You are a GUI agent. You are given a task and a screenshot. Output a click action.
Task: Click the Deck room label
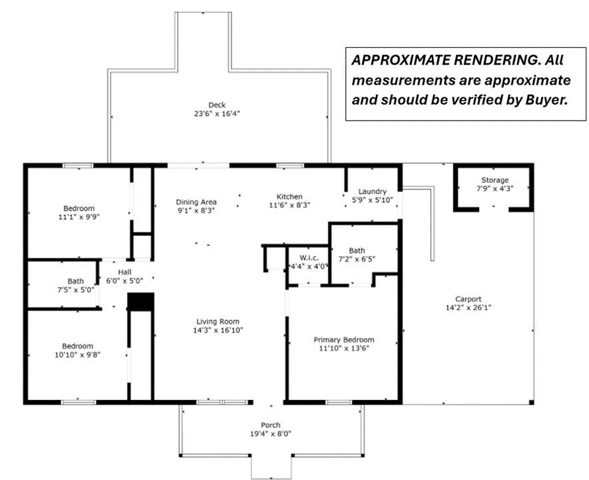(x=217, y=105)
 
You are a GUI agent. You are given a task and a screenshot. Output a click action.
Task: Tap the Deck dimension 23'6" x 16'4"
(x=217, y=113)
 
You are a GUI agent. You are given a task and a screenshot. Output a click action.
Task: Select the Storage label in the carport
(x=494, y=180)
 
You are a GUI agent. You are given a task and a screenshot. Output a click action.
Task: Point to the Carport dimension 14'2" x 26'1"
(x=468, y=307)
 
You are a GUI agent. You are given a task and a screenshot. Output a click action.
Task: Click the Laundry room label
(x=372, y=191)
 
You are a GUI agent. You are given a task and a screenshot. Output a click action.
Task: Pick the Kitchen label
(x=289, y=197)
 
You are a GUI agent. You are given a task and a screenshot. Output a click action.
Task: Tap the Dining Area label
(x=196, y=202)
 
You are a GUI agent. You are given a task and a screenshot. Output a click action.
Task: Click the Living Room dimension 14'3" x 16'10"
(x=218, y=330)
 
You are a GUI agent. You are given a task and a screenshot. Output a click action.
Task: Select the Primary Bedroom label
(x=344, y=340)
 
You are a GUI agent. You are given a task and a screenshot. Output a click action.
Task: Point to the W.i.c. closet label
(x=309, y=258)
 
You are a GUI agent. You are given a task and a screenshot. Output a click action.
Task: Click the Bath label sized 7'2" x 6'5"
(x=356, y=251)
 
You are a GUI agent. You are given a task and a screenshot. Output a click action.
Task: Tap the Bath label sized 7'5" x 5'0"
(x=75, y=281)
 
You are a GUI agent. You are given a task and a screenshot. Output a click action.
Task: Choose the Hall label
(x=125, y=272)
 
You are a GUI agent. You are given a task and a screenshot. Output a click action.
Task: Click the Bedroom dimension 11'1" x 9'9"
(x=79, y=217)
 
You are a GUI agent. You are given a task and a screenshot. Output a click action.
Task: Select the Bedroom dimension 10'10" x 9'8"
(x=78, y=355)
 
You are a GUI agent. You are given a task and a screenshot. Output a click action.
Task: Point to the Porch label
(x=271, y=425)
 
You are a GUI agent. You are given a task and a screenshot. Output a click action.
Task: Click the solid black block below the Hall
(x=141, y=302)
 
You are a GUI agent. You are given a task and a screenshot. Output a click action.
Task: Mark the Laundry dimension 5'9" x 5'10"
(x=372, y=200)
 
